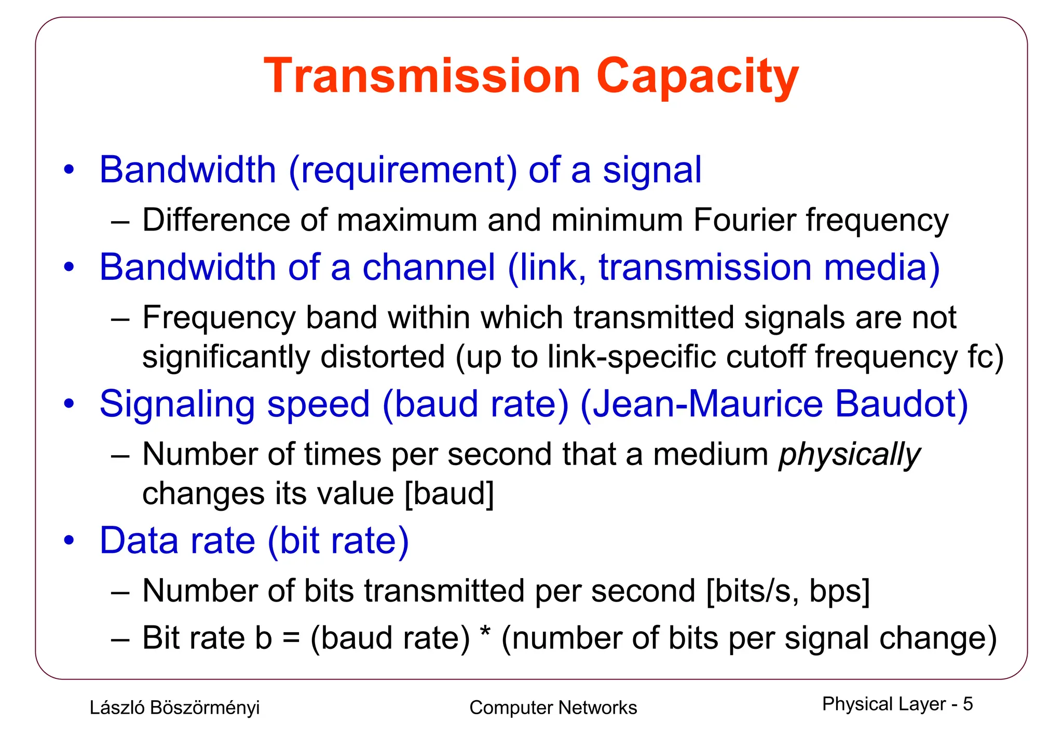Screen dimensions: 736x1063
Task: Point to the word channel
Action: click(429, 267)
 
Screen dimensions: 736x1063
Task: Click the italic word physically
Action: click(849, 455)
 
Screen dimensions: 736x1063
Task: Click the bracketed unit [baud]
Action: click(449, 493)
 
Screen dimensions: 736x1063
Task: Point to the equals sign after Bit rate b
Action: click(291, 638)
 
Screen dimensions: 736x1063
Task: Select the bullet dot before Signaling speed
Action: click(69, 404)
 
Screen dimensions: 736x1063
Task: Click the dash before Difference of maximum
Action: click(120, 222)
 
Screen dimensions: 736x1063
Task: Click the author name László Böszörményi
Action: click(174, 707)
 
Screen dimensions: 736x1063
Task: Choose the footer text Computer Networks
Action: click(553, 707)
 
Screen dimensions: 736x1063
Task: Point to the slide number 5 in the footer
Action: click(967, 704)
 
